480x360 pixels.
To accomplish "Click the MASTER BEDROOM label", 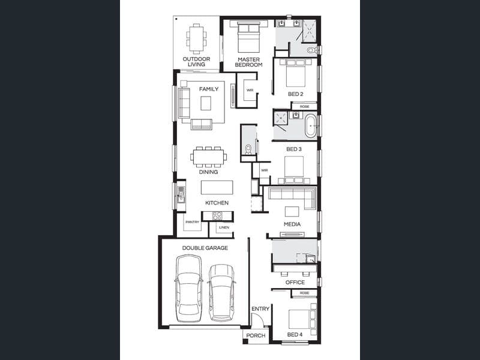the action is point(248,62).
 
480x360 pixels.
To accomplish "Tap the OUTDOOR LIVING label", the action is point(197,62).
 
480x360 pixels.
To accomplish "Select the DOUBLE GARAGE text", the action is point(205,248).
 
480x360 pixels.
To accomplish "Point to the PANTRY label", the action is point(192,222).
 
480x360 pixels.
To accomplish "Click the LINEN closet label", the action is point(224,227).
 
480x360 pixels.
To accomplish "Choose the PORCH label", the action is point(256,335).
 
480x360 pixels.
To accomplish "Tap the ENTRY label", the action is point(260,309).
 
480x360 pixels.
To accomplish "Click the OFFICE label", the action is point(295,282).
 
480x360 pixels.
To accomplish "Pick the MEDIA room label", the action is point(292,224).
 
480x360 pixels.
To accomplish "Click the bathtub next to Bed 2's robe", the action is point(311,126).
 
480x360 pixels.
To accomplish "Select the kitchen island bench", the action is point(217,187).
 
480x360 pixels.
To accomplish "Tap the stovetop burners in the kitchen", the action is point(217,216).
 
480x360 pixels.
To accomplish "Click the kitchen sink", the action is point(181,194).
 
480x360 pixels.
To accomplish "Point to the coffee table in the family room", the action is point(206,103).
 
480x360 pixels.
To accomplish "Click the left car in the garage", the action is point(188,288).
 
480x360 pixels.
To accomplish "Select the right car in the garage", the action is point(221,293).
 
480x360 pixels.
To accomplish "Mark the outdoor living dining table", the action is point(196,39).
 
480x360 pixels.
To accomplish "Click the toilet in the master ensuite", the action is point(311,50).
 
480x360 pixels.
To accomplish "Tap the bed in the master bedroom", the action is point(248,37).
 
